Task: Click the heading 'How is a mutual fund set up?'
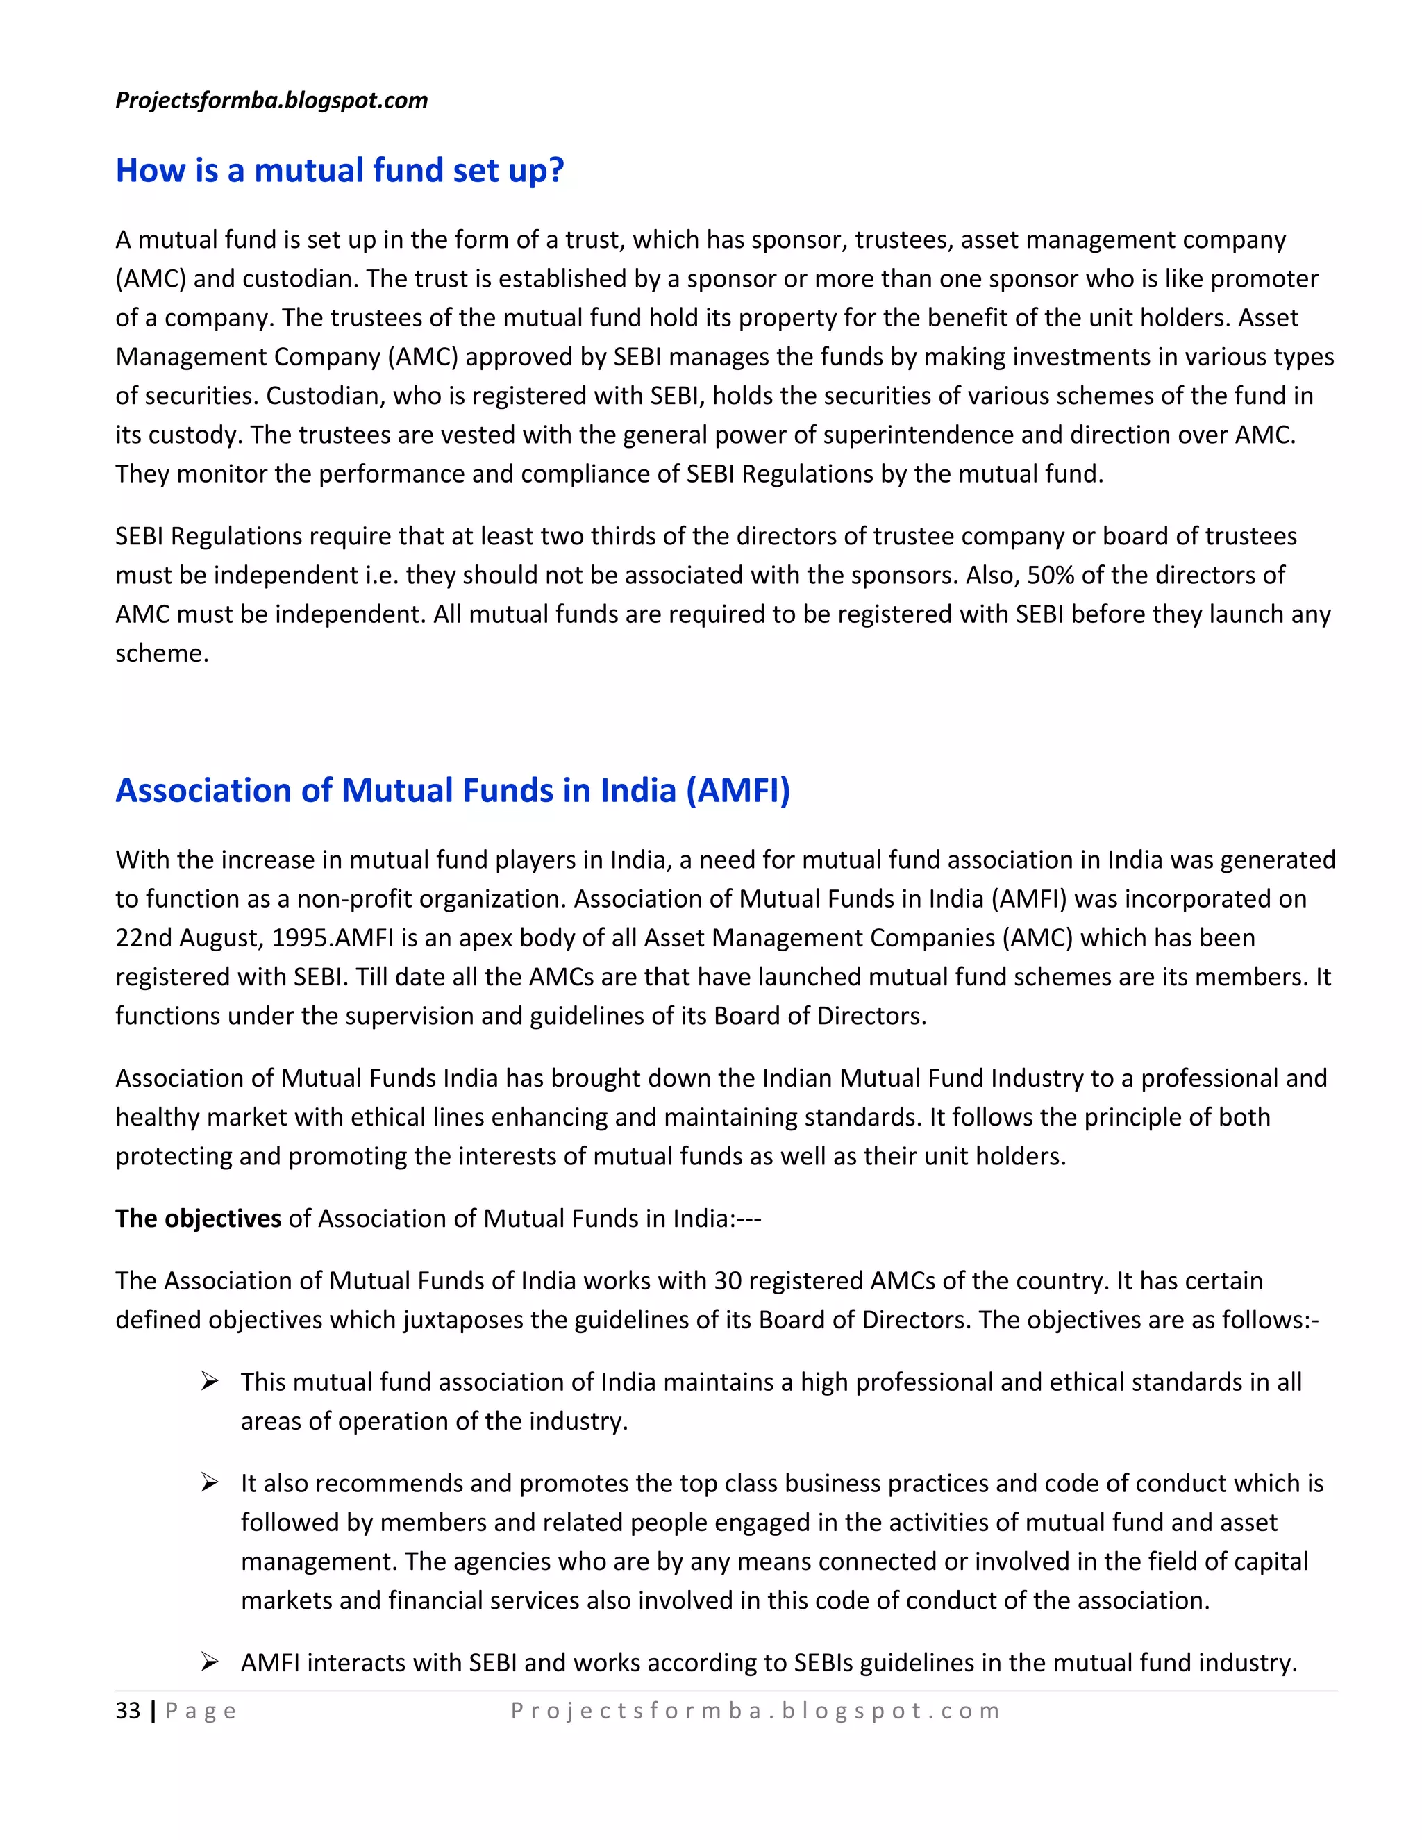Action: (340, 170)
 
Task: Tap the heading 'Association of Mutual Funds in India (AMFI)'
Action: (453, 790)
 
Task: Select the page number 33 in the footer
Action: (128, 1711)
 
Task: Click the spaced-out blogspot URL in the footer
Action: (755, 1711)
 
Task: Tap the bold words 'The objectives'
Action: (198, 1219)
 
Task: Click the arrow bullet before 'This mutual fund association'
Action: (210, 1382)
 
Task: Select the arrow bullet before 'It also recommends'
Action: (210, 1483)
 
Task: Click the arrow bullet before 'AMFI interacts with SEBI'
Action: (210, 1662)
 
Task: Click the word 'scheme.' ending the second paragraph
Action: (162, 653)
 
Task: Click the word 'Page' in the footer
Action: (201, 1711)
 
